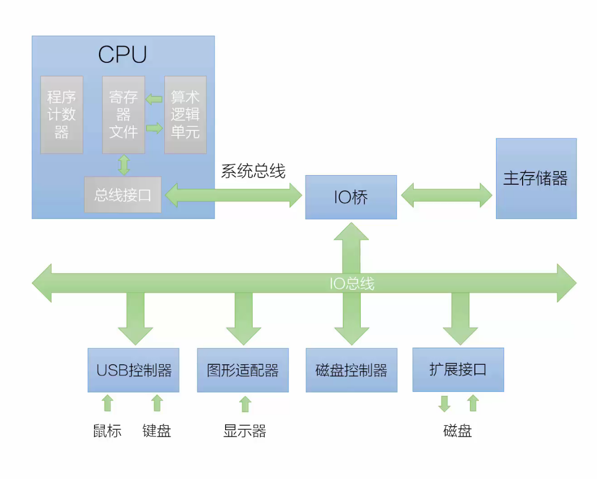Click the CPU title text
(123, 55)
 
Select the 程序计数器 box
(62, 115)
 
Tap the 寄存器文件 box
(124, 115)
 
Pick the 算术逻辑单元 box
(185, 115)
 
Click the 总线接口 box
(123, 195)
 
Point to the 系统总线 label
(253, 171)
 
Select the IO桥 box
(351, 197)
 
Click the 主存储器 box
(536, 179)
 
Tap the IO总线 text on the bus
(352, 284)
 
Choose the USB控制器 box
(134, 370)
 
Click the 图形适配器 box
(243, 370)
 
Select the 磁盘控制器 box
(351, 370)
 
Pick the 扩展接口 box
(458, 370)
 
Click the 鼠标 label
(108, 431)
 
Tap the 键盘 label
(157, 431)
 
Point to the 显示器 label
(245, 431)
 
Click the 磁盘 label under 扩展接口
(458, 431)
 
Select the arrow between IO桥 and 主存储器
(446, 195)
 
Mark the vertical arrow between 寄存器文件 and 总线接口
(124, 165)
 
